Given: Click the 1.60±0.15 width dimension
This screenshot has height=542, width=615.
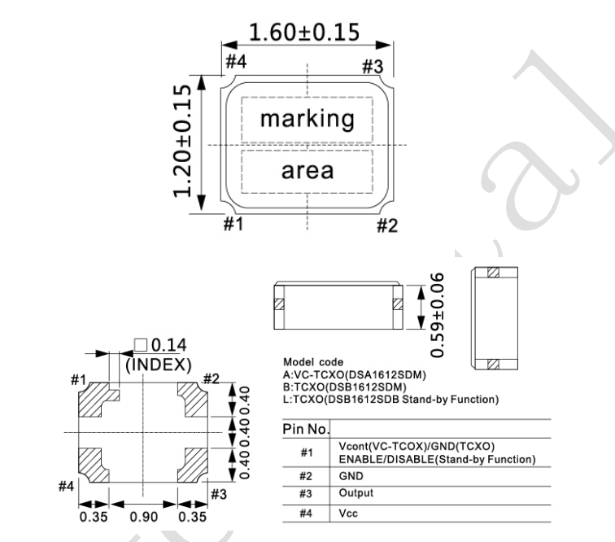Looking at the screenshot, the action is [304, 33].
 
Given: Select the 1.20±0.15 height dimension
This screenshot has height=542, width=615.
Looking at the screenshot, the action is [182, 141].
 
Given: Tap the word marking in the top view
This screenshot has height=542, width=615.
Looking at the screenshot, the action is [307, 119].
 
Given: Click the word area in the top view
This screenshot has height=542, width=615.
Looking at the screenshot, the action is [307, 171].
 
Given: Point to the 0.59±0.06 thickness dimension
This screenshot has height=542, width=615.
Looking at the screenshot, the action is [437, 315].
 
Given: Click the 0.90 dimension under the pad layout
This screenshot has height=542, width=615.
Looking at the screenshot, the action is [143, 517].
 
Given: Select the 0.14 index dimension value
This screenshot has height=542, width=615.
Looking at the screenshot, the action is [169, 345].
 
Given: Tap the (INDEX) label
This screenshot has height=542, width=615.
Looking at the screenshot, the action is [159, 365].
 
